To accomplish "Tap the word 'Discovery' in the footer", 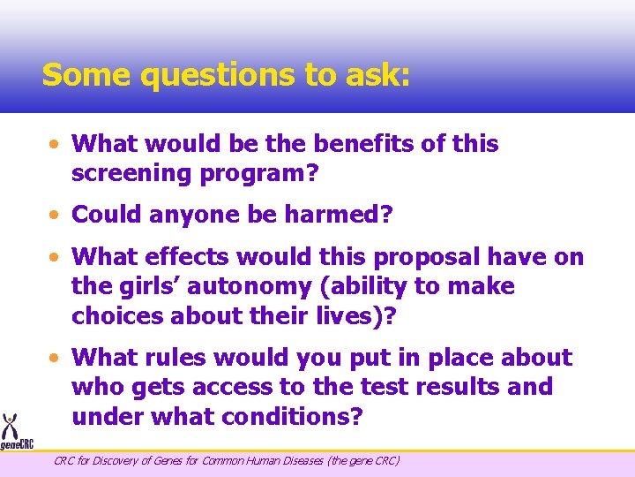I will [118, 460].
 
